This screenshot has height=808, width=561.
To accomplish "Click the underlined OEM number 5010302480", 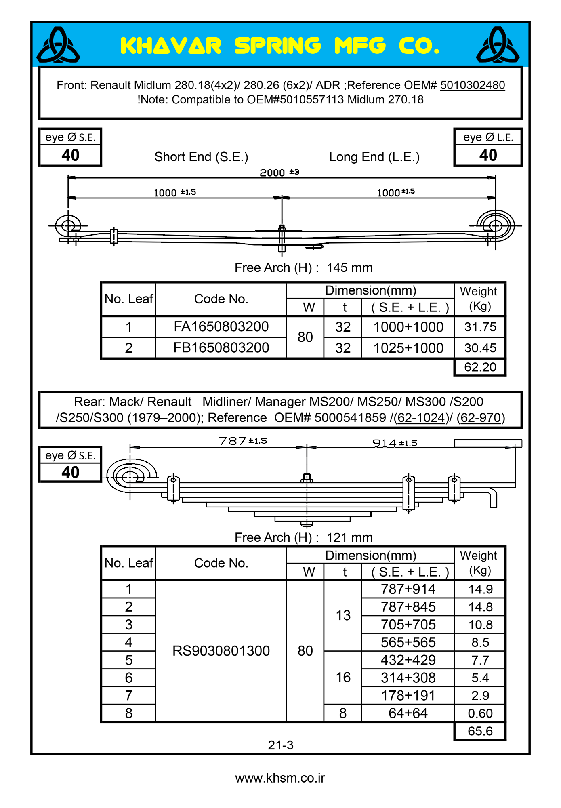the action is pos(473,85).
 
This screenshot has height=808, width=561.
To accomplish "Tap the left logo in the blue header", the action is pos(58,45).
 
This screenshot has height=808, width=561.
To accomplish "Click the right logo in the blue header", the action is pos(498,45).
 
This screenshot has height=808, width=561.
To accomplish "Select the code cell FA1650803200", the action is pos(221,326).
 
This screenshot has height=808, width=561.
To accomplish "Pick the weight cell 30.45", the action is pos(480,348).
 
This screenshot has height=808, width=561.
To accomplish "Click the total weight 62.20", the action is pos(480,367).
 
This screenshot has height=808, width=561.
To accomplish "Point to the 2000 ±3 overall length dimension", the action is pos(279,173).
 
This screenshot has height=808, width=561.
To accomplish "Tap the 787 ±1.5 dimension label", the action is pos(243,441).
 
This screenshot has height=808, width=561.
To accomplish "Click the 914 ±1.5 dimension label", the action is pos(395,443).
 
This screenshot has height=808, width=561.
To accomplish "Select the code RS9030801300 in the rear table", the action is pos(221,651).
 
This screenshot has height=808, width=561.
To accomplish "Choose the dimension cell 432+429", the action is pos(408,660).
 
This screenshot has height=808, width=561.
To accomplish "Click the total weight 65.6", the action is pos(480,731).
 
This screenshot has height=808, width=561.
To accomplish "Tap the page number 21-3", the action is pos(281,745).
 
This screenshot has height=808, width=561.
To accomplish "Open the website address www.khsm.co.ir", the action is pos(280,778).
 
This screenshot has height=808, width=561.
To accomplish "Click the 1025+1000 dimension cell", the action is pos(408,348).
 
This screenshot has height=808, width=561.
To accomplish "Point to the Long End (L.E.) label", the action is pos(374,157).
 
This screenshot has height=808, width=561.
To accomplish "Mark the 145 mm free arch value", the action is pos(350,267).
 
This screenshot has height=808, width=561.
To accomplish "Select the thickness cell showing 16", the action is pos(343,677).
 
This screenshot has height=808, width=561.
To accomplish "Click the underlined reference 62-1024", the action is pos(421,417).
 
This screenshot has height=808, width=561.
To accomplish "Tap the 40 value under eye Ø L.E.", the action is pos(488,155).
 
